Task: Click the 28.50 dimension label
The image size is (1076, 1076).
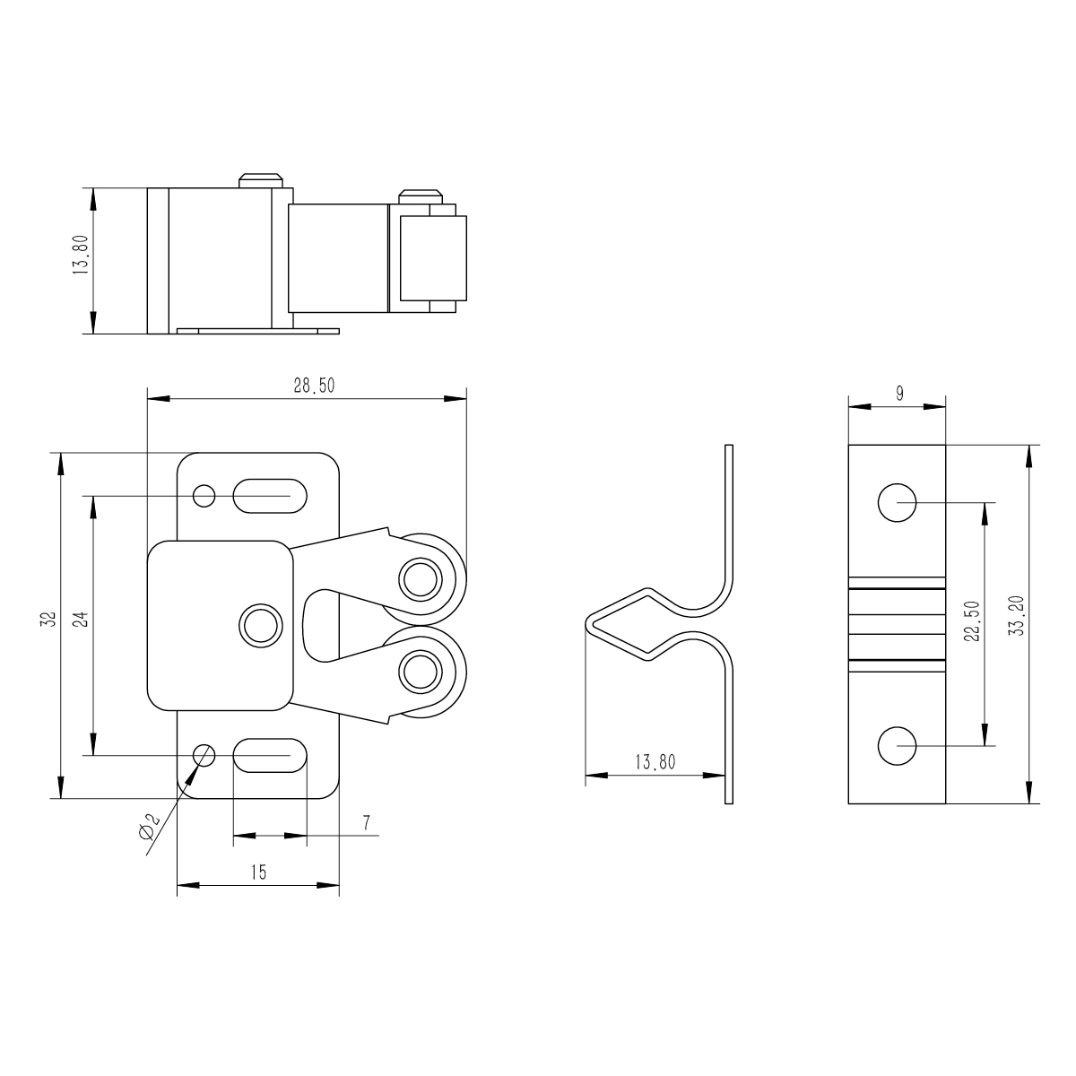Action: (315, 386)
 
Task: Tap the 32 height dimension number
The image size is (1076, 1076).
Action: (51, 620)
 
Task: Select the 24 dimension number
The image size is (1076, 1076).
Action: (82, 620)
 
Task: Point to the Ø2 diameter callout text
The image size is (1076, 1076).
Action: (149, 827)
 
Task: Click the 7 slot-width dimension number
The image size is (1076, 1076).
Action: (366, 824)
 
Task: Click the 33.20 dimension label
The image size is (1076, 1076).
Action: (1018, 616)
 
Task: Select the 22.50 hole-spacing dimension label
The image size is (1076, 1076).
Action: (972, 620)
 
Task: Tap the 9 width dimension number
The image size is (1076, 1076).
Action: (899, 394)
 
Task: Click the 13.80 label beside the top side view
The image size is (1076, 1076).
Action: (81, 254)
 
